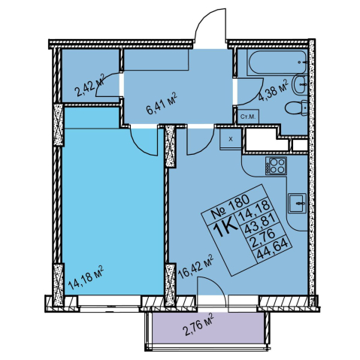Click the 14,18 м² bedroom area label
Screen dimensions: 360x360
click(86, 277)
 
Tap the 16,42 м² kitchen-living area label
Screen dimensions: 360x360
click(195, 267)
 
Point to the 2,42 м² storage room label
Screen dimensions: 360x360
click(90, 86)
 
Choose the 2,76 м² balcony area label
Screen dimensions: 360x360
click(198, 325)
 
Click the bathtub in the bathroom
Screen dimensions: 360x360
click(277, 62)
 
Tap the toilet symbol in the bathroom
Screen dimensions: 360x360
click(296, 108)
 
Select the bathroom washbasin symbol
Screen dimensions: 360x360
click(300, 84)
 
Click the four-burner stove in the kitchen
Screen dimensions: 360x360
click(276, 165)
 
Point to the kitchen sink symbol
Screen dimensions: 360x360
click(297, 203)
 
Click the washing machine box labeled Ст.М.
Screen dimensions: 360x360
click(248, 116)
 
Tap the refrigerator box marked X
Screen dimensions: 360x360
click(231, 139)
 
